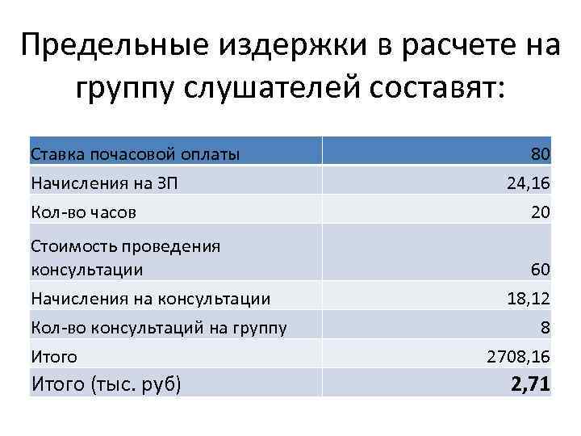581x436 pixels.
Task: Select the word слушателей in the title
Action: [263, 88]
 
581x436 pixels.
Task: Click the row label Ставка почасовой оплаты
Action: [135, 154]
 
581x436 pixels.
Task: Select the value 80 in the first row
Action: [540, 154]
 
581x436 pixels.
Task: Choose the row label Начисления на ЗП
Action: [104, 183]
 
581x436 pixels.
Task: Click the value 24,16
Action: [528, 183]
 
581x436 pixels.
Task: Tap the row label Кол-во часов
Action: [83, 212]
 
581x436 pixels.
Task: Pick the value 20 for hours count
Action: [540, 212]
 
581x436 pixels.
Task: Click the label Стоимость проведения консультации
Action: [125, 257]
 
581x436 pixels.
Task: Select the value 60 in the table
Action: [540, 269]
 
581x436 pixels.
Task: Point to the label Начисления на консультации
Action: [150, 299]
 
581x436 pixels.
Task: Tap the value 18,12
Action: [528, 299]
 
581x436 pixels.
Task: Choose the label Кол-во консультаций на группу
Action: [158, 328]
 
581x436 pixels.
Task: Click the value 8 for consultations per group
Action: [545, 328]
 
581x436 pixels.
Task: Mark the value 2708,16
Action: [519, 357]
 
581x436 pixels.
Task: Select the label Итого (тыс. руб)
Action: [106, 384]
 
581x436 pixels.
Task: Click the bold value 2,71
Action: [530, 384]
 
